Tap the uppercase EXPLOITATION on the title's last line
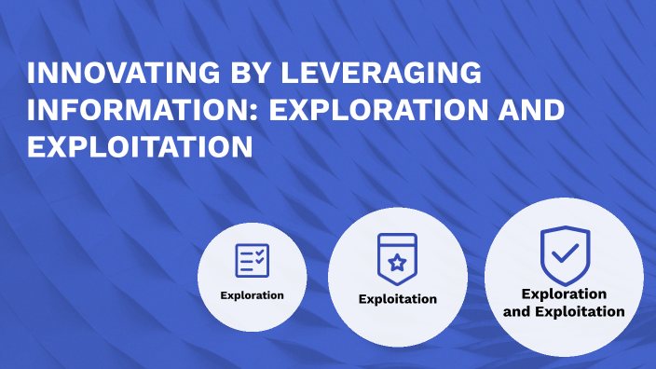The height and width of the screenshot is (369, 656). pos(140,147)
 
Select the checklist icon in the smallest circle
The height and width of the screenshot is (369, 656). pos(252,260)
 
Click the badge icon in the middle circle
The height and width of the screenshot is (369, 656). pos(397,256)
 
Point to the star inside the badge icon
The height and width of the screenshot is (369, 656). pos(397,263)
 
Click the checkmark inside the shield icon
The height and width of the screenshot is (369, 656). pos(566,251)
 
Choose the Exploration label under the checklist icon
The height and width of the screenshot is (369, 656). pos(252,295)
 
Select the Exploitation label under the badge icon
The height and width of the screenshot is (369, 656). pos(398,299)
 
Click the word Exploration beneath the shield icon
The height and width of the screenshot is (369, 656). pos(565,294)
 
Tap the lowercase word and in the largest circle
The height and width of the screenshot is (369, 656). pos(517,312)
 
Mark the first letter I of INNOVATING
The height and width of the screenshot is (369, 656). pos(30,73)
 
